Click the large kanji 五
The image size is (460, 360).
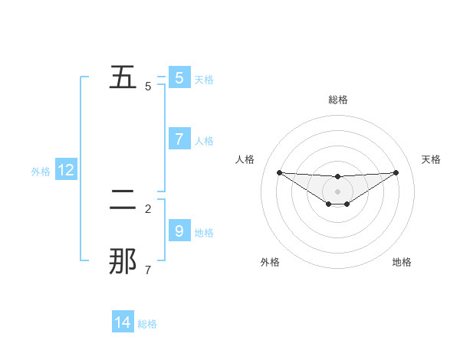click(124, 77)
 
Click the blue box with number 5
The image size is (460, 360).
click(179, 77)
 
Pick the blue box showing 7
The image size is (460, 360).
click(179, 139)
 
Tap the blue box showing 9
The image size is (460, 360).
click(179, 231)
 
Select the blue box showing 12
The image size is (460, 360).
click(66, 170)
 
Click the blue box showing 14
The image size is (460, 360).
click(123, 322)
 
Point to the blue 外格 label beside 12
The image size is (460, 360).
click(41, 172)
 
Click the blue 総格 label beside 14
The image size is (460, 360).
click(147, 324)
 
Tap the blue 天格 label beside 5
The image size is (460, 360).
click(204, 80)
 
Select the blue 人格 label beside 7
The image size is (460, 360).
click(204, 141)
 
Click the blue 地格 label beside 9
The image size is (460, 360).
click(204, 233)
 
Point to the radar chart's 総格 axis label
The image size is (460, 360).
click(338, 100)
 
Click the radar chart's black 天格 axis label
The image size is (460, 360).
click(432, 159)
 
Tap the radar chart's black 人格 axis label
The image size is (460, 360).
click(245, 159)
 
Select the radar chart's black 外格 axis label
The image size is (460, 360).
click(270, 262)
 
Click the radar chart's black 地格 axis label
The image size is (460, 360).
click(402, 262)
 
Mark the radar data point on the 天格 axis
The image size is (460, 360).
click(396, 172)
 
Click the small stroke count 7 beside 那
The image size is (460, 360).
click(147, 270)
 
